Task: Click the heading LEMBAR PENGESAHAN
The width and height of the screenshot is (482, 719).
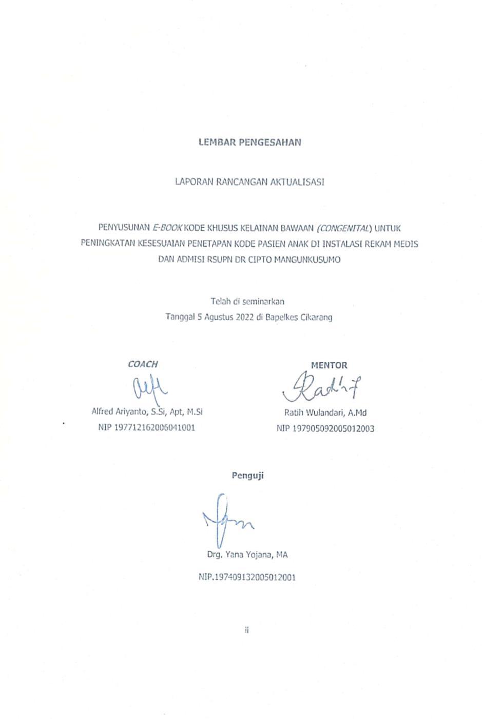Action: click(249, 142)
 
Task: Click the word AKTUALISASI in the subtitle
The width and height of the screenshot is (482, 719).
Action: click(300, 182)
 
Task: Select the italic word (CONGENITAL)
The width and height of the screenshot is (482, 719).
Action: click(344, 227)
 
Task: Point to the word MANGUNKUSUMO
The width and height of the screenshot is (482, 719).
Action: click(307, 260)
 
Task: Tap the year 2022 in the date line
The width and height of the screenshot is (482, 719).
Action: click(245, 317)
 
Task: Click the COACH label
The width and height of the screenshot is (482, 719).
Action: click(143, 364)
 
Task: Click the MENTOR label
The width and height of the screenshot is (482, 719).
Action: click(329, 365)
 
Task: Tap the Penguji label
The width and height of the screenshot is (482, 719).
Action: click(247, 475)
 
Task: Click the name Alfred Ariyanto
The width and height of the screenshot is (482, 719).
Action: click(120, 412)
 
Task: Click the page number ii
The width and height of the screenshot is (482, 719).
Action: click(247, 630)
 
